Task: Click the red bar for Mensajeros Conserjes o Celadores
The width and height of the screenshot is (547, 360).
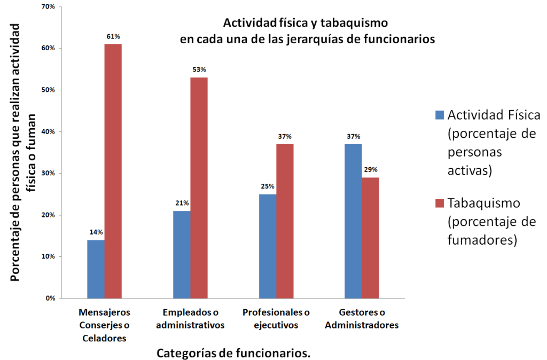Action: point(113,171)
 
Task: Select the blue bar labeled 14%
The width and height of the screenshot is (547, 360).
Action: point(96,269)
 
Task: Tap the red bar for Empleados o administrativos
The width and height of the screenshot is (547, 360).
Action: point(199,187)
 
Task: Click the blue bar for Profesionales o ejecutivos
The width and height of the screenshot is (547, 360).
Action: point(268,246)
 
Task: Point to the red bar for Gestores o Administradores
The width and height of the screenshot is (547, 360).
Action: point(371,238)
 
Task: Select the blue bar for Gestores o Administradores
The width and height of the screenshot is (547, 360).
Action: point(353,221)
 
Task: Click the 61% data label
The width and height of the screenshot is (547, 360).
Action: point(113,36)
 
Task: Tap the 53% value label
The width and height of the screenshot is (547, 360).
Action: point(199,69)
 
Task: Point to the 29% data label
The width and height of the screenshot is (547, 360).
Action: point(371,169)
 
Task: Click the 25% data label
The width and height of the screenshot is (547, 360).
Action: point(268,186)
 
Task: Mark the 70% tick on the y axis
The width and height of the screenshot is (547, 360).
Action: point(49,6)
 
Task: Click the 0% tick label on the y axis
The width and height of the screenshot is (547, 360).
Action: point(51,298)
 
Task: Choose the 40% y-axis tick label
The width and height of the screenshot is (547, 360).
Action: point(49,131)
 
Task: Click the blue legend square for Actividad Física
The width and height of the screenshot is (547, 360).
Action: point(440,114)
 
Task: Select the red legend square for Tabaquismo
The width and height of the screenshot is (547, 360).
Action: point(440,203)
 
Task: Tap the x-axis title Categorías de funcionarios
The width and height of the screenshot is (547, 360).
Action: point(233,353)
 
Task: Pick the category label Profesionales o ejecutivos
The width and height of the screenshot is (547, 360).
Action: point(276,318)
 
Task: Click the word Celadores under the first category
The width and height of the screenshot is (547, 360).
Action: point(104,338)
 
